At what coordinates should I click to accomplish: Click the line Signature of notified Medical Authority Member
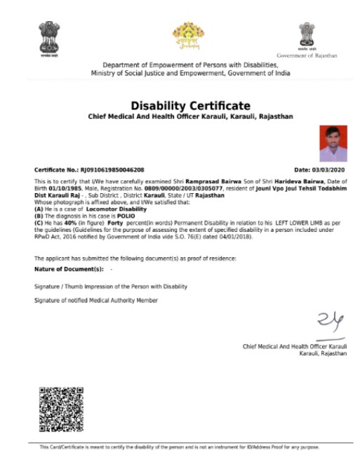96,301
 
